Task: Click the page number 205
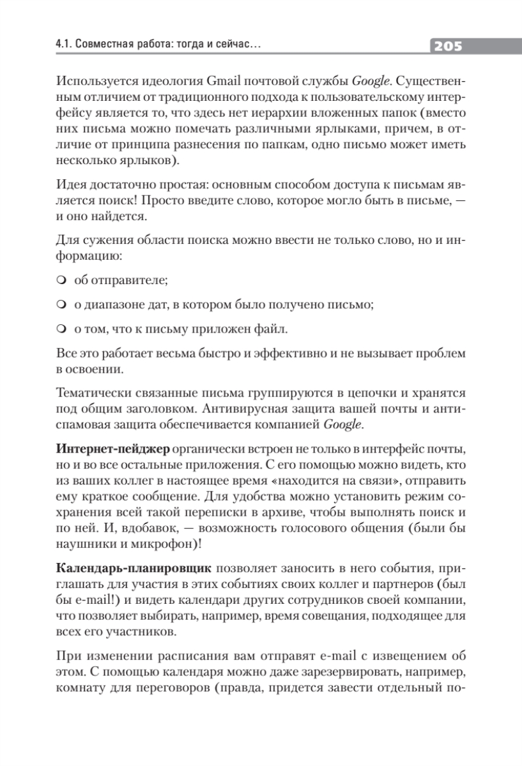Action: coord(447,47)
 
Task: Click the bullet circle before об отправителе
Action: coord(61,281)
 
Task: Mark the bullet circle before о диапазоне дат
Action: coord(61,305)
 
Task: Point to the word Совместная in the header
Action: coord(103,46)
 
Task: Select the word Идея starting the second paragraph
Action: coord(72,188)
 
